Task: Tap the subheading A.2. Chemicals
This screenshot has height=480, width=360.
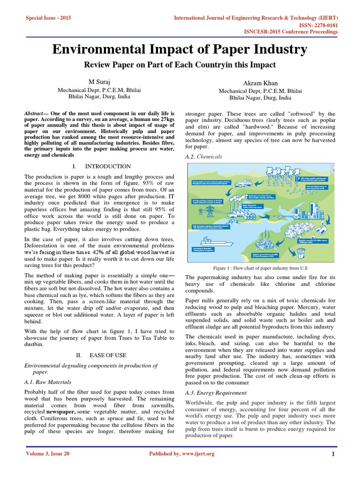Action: (204, 157)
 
